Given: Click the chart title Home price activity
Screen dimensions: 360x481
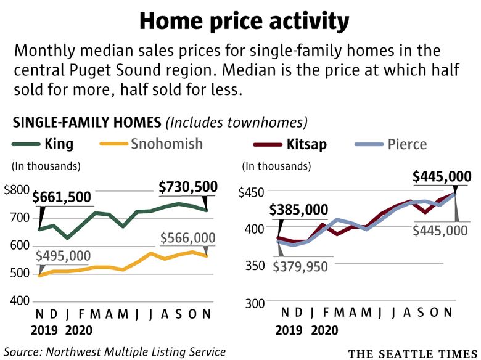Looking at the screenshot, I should (x=244, y=21).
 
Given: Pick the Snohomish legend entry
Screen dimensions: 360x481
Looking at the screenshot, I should (x=166, y=145).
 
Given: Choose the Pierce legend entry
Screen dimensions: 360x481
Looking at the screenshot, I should (x=407, y=145).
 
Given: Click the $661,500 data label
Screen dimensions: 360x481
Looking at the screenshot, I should (x=62, y=197).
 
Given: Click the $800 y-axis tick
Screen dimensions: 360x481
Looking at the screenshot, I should (x=16, y=190).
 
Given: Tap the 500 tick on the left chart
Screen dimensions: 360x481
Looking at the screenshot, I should (x=20, y=273).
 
